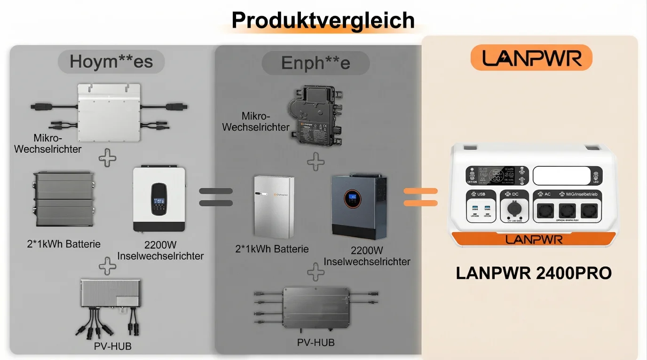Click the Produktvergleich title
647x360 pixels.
pyautogui.click(x=323, y=21)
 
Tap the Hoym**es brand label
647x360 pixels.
pyautogui.click(x=111, y=62)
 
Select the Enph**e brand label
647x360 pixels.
pyautogui.click(x=316, y=63)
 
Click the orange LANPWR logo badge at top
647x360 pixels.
pyautogui.click(x=531, y=58)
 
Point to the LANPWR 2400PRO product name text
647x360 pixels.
pyautogui.click(x=534, y=273)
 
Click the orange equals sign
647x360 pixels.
pyautogui.click(x=421, y=197)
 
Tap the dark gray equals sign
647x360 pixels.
pyautogui.click(x=216, y=197)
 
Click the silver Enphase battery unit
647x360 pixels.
pyautogui.click(x=274, y=207)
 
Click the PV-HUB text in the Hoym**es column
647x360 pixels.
pyautogui.click(x=112, y=346)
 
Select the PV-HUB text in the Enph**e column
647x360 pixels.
pyautogui.click(x=316, y=343)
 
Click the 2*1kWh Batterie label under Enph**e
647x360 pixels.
pyautogui.click(x=272, y=249)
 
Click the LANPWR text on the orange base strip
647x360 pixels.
pyautogui.click(x=534, y=239)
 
